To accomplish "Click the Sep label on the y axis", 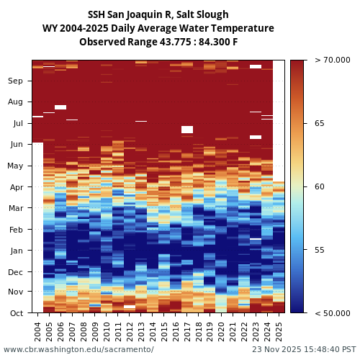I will (x=16, y=81).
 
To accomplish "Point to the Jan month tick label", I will (x=16, y=251).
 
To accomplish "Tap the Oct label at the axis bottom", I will (x=16, y=313).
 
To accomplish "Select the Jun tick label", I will (x=16, y=145).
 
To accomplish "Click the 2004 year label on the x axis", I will (x=38, y=330).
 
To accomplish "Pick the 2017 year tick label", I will (x=187, y=330).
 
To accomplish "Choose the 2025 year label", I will (x=279, y=330).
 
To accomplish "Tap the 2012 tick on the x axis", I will (x=130, y=330).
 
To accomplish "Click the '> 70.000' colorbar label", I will (x=332, y=60).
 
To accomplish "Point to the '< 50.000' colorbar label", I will (x=332, y=313).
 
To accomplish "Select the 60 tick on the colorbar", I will (x=320, y=186).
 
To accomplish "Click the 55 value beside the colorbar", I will (x=320, y=250).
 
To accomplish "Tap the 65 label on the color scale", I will (x=320, y=123).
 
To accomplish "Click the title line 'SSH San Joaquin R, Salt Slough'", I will (x=158, y=14).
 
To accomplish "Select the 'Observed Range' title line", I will (x=158, y=42).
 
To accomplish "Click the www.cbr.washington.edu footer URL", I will (x=78, y=350).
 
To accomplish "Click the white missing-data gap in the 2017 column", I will (x=187, y=130).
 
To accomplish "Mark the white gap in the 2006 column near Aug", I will (x=60, y=107).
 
